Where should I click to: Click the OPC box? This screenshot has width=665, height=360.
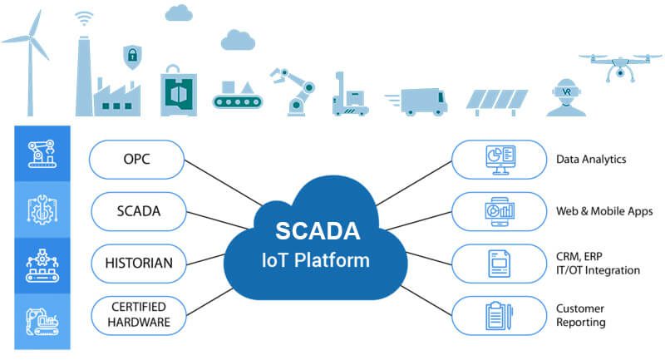tap(136, 160)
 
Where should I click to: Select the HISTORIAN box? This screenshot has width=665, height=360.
tap(136, 264)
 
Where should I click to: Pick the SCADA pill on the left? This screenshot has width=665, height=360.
tap(136, 211)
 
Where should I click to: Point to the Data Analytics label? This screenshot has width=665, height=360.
tap(591, 159)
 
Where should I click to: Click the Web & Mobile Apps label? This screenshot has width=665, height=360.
tap(603, 211)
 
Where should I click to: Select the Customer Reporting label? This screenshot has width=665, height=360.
tap(580, 315)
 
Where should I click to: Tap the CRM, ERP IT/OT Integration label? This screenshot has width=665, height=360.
tap(598, 264)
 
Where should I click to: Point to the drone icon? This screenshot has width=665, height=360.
tap(619, 66)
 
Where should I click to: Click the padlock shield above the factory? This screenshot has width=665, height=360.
tap(131, 57)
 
